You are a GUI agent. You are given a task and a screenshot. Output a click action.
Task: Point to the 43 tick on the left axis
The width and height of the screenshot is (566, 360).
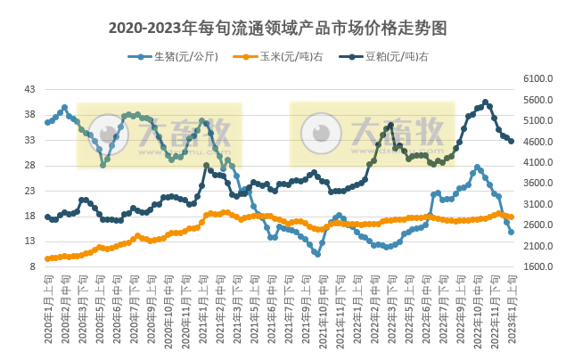click(x=29, y=90)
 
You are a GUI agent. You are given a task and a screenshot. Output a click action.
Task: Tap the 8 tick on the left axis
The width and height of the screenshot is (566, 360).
click(x=32, y=266)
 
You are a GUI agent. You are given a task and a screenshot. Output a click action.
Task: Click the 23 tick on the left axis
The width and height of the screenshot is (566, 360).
click(x=29, y=191)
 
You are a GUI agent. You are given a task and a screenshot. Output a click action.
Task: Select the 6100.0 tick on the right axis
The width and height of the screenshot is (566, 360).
click(x=537, y=79)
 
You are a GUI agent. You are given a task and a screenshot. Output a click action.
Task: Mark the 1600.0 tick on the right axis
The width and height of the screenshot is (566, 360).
click(x=537, y=266)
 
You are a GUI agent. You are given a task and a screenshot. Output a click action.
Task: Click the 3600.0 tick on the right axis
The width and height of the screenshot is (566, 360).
click(x=537, y=184)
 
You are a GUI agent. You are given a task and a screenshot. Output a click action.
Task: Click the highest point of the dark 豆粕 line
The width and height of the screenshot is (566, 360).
click(x=486, y=102)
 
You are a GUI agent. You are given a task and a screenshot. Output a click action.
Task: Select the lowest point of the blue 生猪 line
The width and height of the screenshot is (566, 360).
click(x=316, y=254)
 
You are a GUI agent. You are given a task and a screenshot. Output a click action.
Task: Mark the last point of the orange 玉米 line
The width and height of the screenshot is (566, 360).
click(x=511, y=217)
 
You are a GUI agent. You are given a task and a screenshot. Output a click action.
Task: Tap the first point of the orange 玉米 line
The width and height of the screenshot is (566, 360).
click(x=47, y=258)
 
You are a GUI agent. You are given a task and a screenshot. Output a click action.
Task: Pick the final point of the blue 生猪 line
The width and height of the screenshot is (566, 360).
click(x=511, y=232)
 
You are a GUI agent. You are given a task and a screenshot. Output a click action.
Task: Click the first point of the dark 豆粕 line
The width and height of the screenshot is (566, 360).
click(x=47, y=217)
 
